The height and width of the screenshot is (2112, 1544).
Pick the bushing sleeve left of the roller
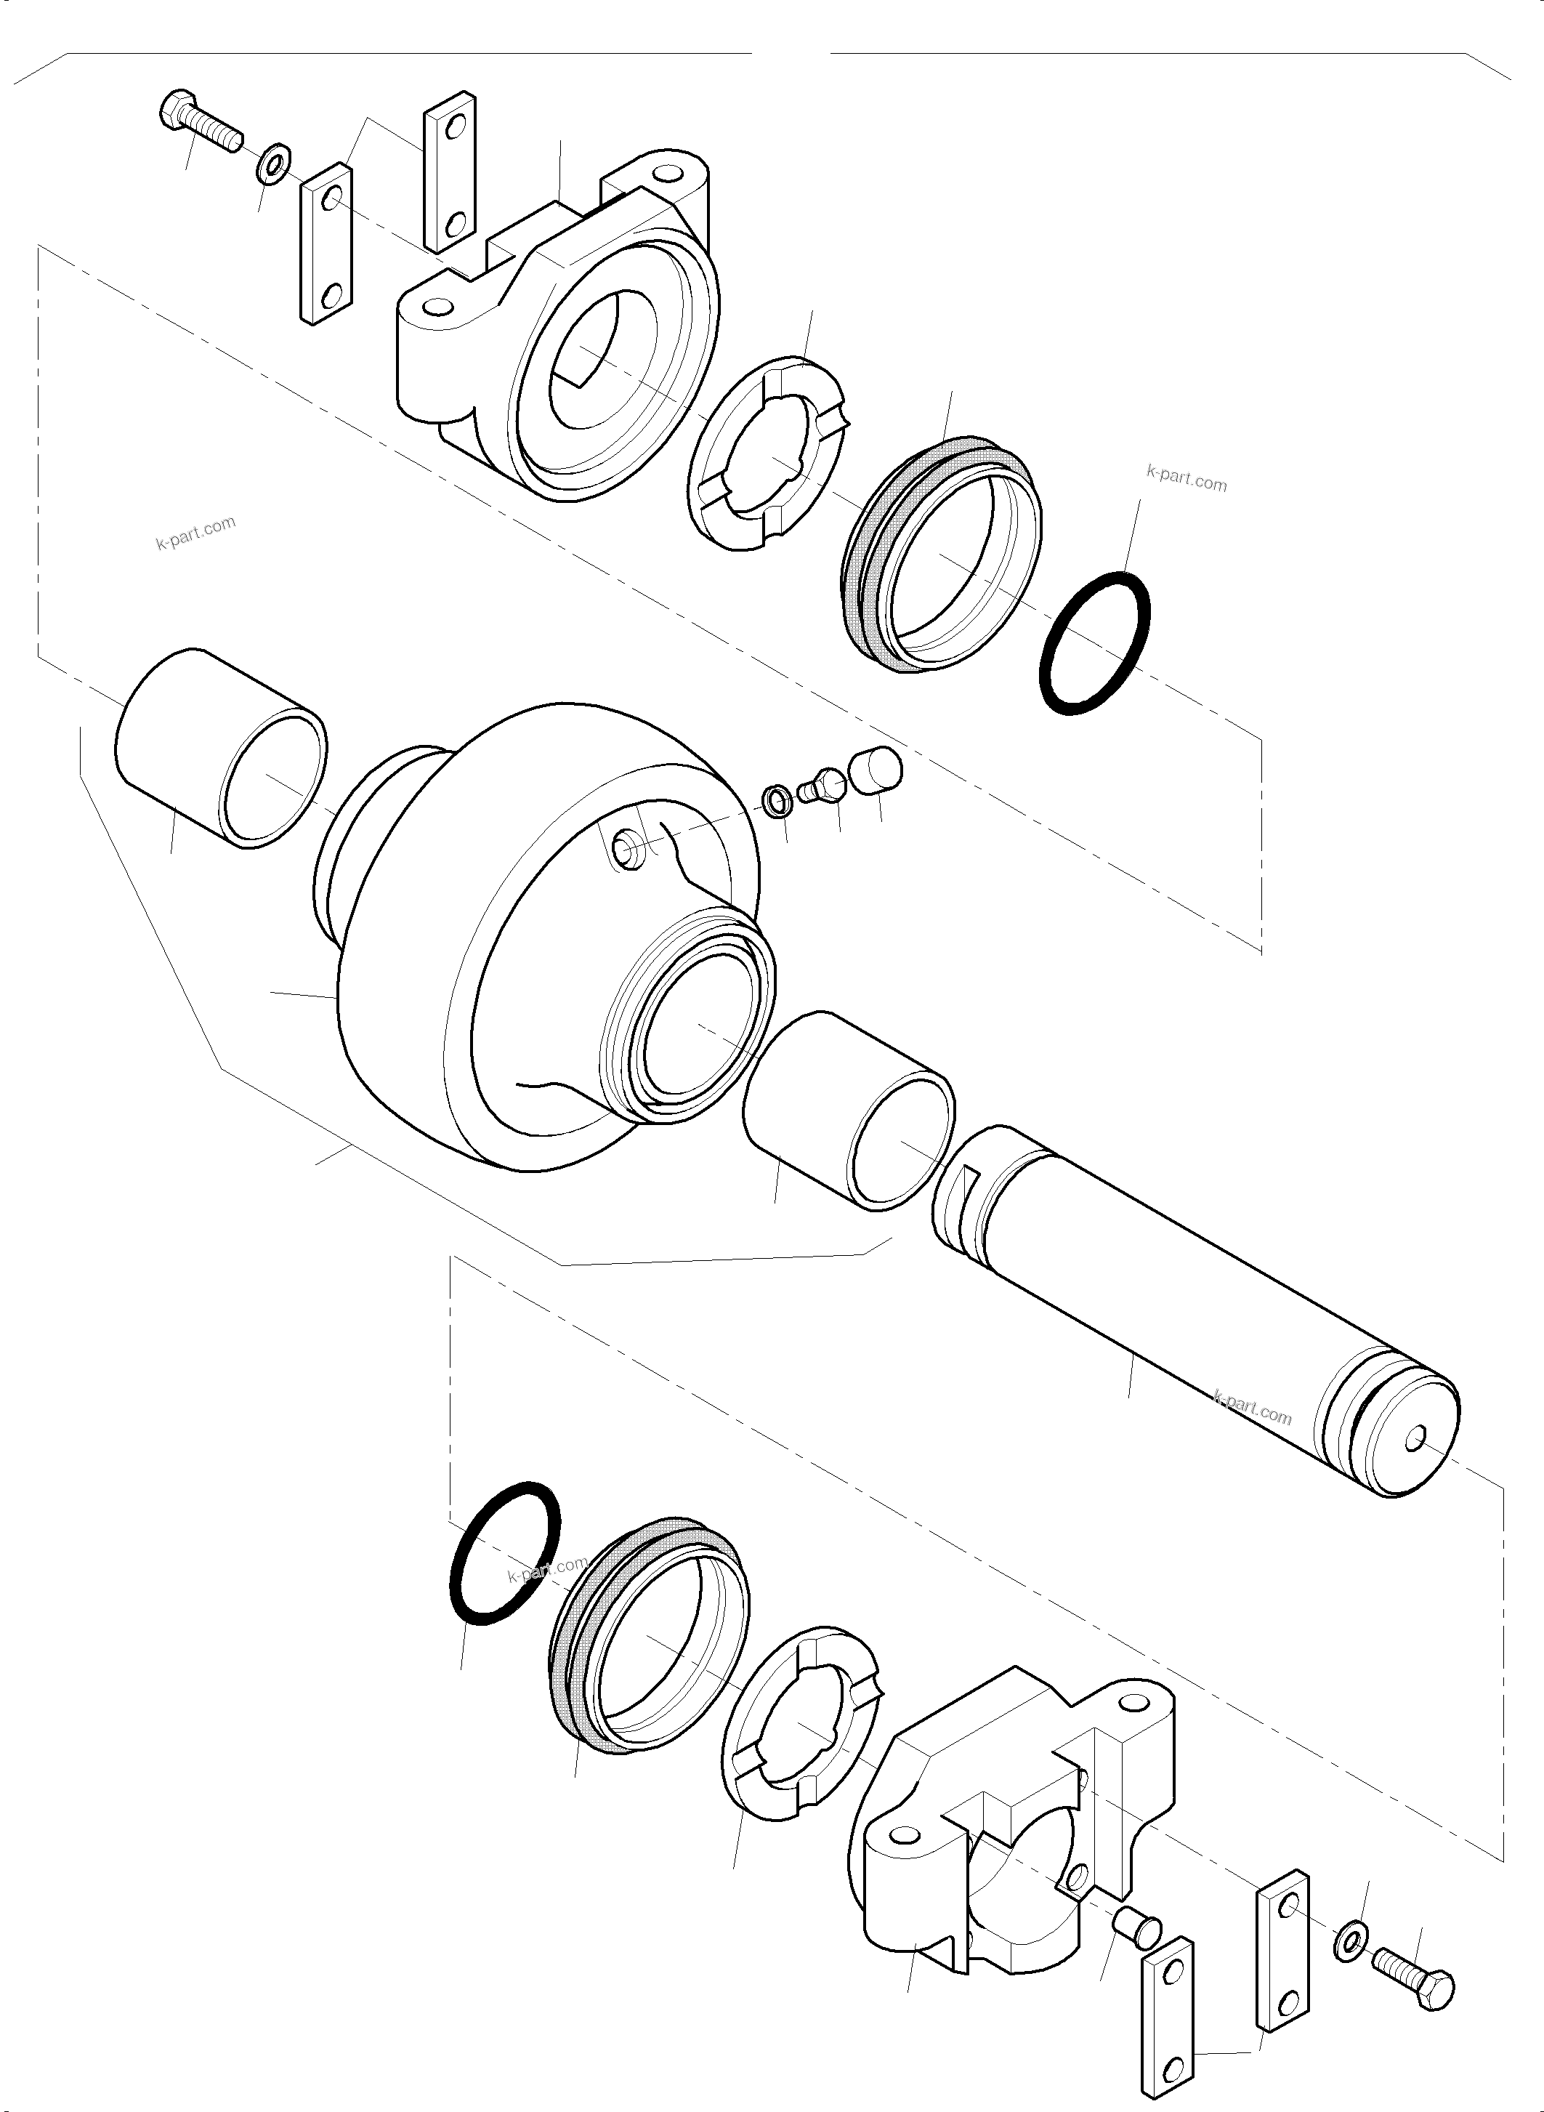pos(221,748)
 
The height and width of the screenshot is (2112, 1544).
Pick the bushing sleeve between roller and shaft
pos(849,1110)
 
